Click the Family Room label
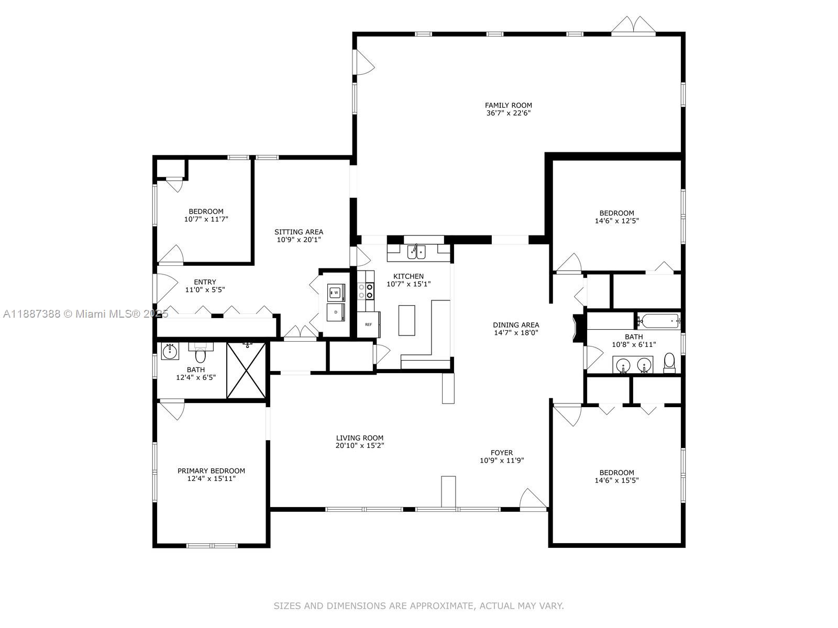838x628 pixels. click(508, 105)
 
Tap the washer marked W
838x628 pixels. click(336, 293)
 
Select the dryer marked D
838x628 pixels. click(336, 312)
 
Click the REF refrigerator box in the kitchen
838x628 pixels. click(369, 324)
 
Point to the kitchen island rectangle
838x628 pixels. click(406, 320)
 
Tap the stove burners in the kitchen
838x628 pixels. click(366, 291)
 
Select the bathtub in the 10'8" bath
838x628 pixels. click(658, 320)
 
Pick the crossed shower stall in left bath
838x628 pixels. click(247, 371)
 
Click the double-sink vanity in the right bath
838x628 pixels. click(633, 364)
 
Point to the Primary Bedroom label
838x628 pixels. click(211, 470)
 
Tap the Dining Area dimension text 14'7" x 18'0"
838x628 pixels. click(516, 333)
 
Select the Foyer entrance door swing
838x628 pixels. click(533, 499)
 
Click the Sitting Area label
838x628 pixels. click(299, 232)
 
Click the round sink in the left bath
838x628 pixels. click(170, 351)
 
